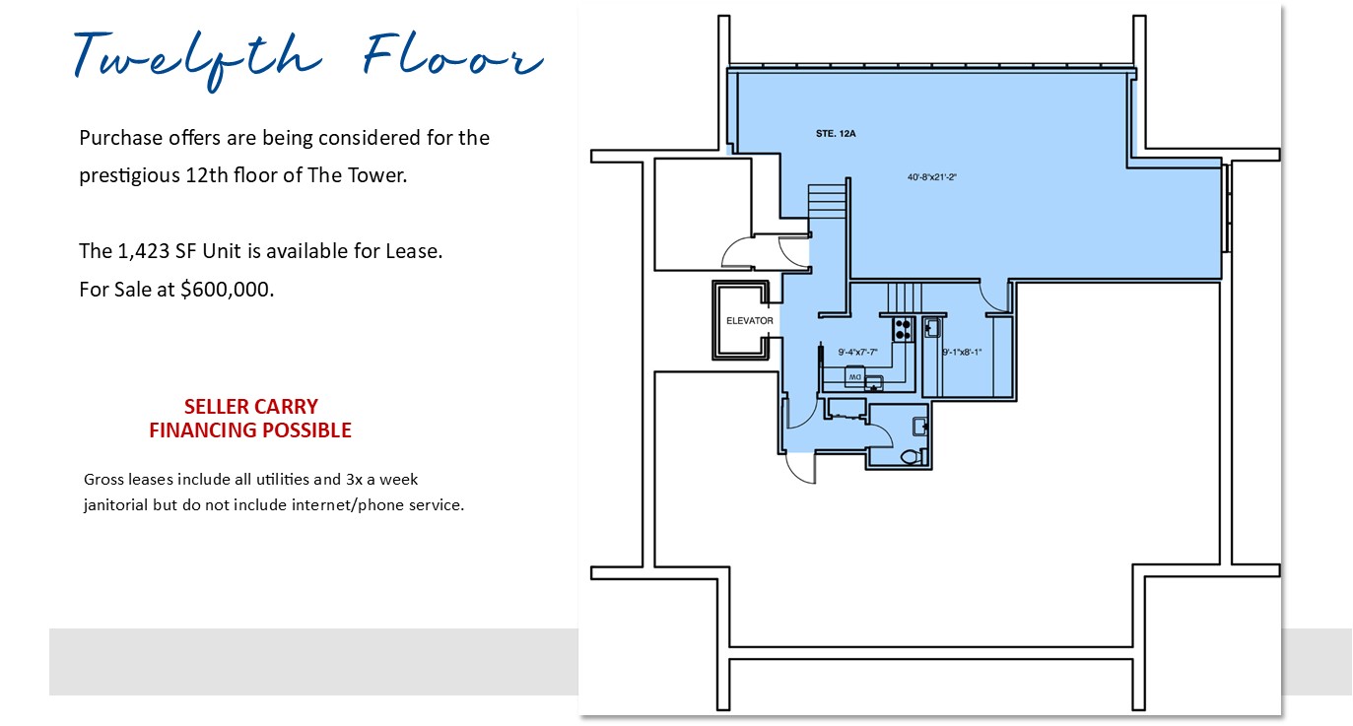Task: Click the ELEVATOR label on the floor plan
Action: pyautogui.click(x=750, y=321)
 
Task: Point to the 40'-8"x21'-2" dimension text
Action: pyautogui.click(x=932, y=177)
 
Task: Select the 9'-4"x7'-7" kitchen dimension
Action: pyautogui.click(x=857, y=352)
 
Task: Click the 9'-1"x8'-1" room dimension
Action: pyautogui.click(x=962, y=352)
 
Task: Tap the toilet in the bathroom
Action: pyautogui.click(x=912, y=456)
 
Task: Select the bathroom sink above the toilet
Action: pyautogui.click(x=919, y=427)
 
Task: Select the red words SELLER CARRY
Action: pyautogui.click(x=251, y=406)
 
